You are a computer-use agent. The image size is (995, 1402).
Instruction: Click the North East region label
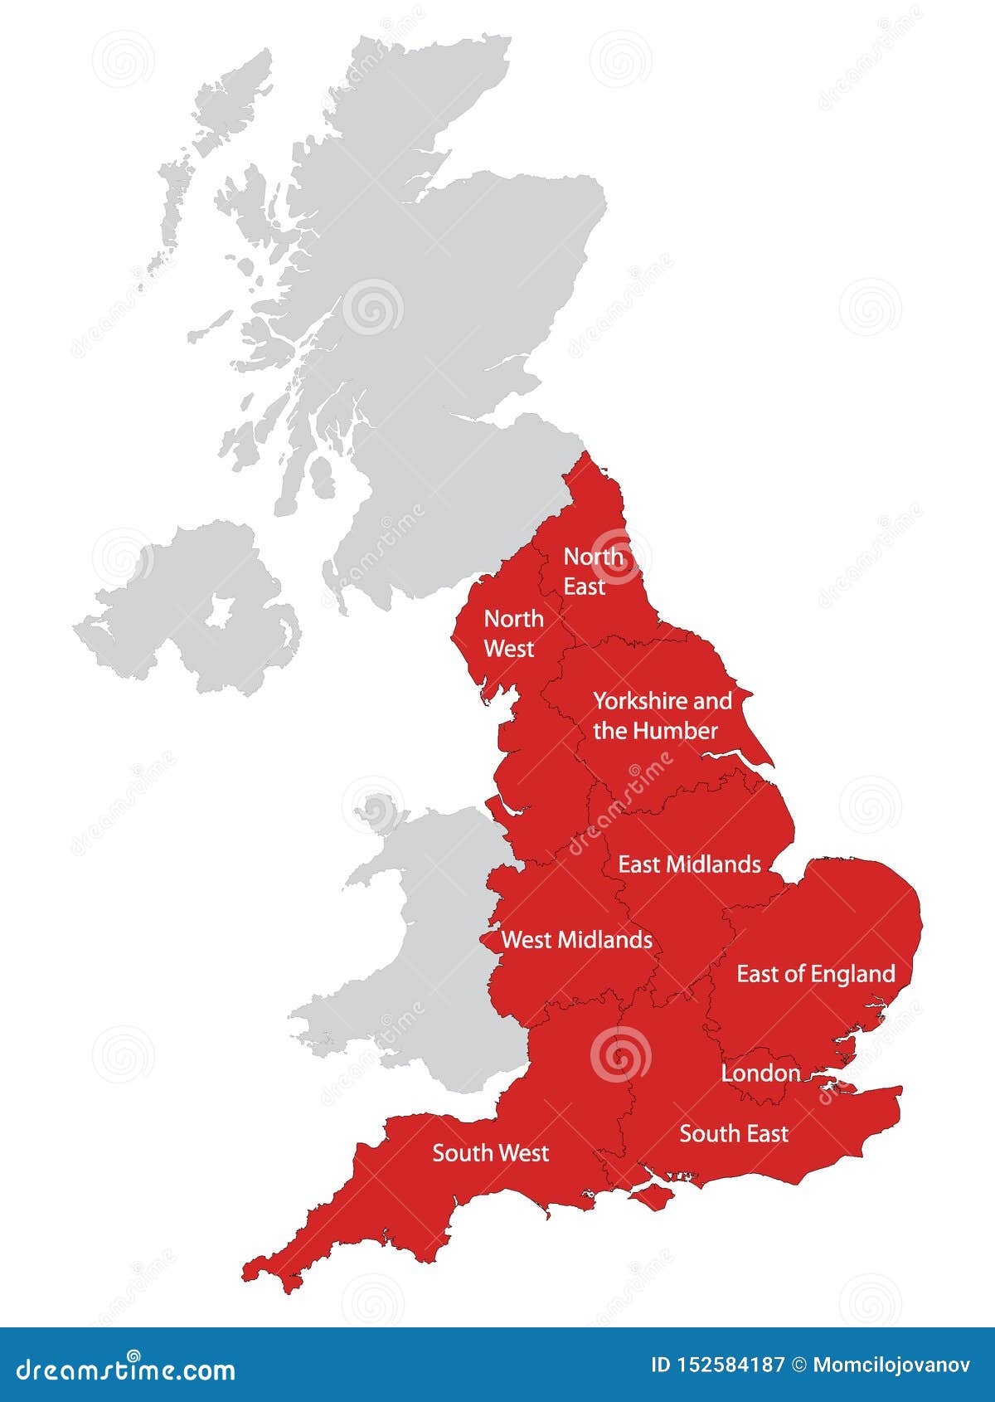click(x=592, y=572)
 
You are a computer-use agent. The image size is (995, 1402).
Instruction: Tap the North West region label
click(x=513, y=633)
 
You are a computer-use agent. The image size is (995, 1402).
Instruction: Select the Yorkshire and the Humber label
click(x=662, y=715)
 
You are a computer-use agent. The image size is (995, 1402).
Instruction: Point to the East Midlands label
click(x=689, y=864)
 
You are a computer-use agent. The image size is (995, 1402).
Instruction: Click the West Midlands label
click(x=576, y=940)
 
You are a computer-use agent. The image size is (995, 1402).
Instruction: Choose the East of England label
click(x=816, y=974)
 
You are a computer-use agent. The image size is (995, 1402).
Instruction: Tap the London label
click(x=760, y=1073)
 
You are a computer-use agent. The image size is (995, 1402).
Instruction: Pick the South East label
click(x=734, y=1133)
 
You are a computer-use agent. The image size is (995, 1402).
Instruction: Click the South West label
click(x=490, y=1153)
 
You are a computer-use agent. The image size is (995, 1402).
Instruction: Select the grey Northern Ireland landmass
click(x=166, y=630)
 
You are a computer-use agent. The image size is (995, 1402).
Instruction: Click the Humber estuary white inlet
click(x=730, y=756)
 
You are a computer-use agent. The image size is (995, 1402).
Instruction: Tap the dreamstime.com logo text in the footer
click(x=126, y=1369)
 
